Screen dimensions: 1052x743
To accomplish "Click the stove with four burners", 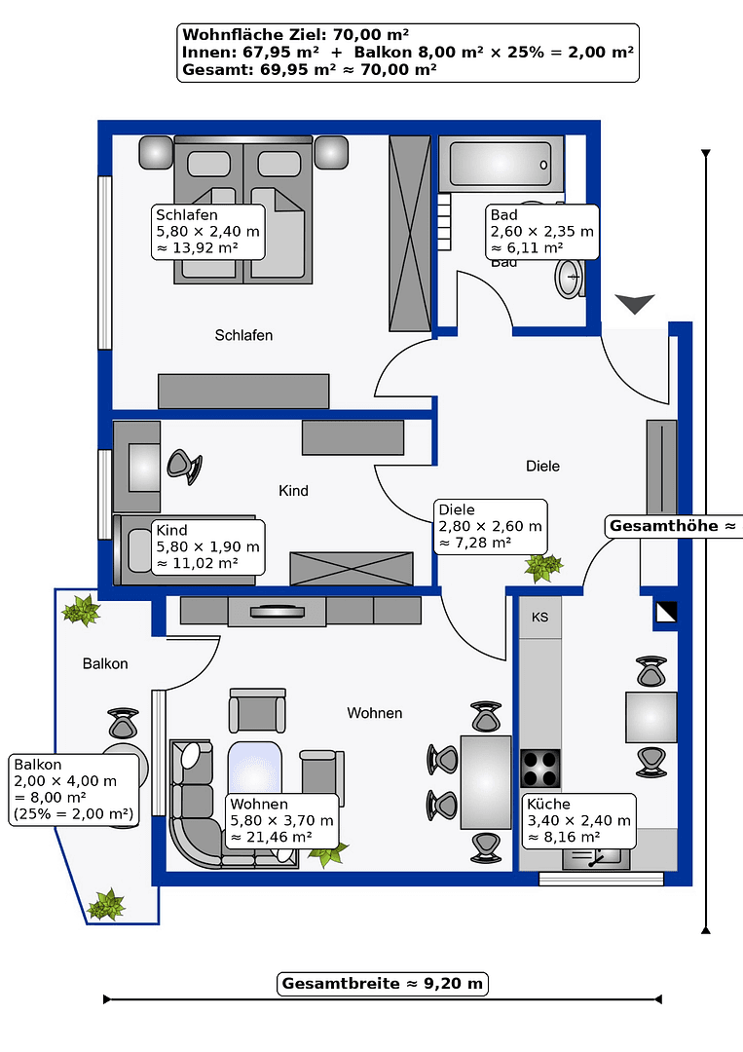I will pos(541,769).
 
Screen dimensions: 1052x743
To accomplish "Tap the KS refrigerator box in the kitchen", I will pos(539,618).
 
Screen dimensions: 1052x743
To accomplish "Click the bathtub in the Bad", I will pos(501,163).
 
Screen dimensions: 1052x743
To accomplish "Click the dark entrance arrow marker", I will pos(636,305).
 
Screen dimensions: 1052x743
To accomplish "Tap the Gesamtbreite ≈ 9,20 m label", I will pos(382,983).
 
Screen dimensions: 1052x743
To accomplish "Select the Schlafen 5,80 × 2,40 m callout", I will pos(207,232).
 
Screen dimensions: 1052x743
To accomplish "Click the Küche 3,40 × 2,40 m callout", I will pos(578,820).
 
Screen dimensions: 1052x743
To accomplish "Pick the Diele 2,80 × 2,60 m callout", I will pos(490,526).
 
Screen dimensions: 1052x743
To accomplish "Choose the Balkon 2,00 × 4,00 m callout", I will pos(73,789).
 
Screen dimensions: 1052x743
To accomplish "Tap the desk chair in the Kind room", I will pos(184,467).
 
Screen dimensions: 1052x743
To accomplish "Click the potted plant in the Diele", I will pos(542,566).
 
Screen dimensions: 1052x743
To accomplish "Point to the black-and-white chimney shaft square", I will pos(666,613).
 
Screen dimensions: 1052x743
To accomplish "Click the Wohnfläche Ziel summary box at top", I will pos(408,53).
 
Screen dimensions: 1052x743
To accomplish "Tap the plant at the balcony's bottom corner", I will pos(105,905).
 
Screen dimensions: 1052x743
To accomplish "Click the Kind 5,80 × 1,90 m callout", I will pos(207,547).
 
